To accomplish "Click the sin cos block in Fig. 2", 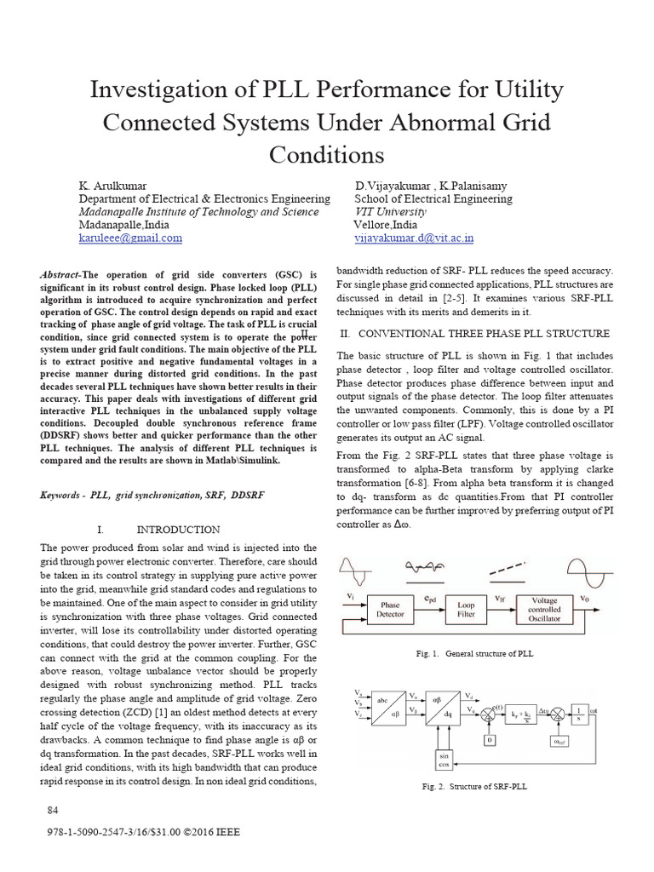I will tap(444, 759).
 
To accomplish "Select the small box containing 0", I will tap(490, 740).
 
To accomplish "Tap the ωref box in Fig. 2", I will tap(557, 740).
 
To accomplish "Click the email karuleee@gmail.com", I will tap(130, 238).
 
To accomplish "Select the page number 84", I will tap(53, 808).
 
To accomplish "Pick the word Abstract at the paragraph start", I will tap(59, 275).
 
